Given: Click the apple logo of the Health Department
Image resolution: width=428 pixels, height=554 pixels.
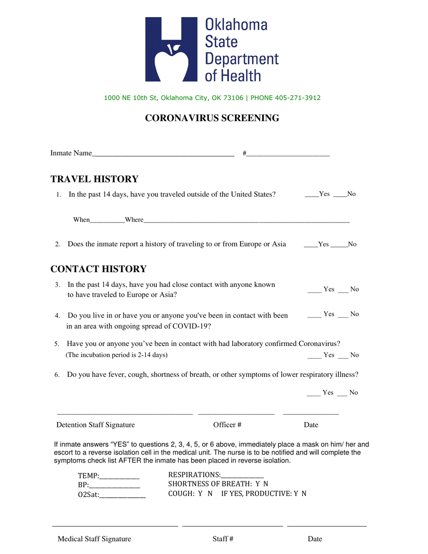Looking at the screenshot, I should [x=171, y=50].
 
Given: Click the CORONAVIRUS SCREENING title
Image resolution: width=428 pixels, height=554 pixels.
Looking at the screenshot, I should [x=212, y=118].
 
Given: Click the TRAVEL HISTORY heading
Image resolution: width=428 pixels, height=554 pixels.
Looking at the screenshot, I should [x=94, y=179].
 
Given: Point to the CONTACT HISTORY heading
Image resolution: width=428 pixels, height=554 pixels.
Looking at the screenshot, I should [x=98, y=269].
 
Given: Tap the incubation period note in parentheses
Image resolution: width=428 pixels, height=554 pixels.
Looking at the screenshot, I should [x=117, y=355].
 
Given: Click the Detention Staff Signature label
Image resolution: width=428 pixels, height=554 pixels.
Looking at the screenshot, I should [x=96, y=425].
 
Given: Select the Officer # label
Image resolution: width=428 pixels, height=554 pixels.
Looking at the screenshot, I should [x=228, y=425].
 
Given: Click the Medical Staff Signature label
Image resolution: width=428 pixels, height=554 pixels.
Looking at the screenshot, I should [x=94, y=539].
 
